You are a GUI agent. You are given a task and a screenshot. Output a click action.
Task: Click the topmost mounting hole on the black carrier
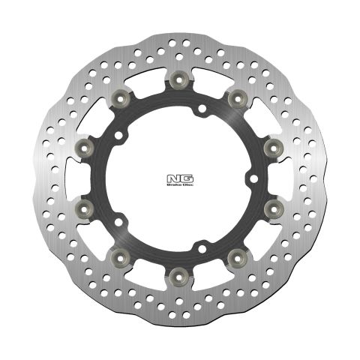pyautogui.click(x=201, y=110)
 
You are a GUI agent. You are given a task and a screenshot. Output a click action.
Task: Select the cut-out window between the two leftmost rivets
pyautogui.click(x=72, y=175)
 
